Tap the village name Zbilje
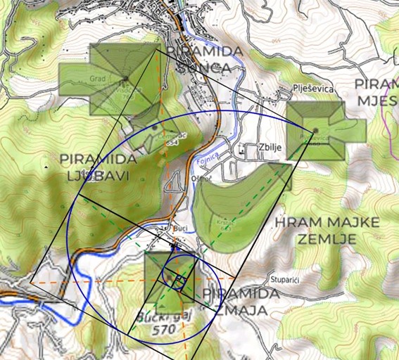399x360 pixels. (x=254, y=148)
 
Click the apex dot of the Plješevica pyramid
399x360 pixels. (x=317, y=130)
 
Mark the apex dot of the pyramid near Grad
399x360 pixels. (x=126, y=77)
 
